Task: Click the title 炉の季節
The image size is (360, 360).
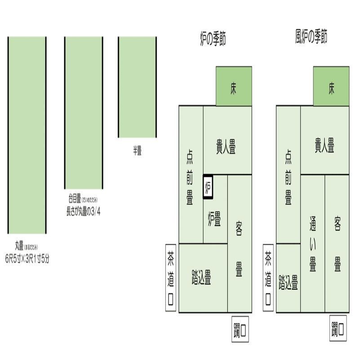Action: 213,40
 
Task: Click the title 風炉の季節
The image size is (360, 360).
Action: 311,37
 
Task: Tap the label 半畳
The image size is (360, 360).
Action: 137,151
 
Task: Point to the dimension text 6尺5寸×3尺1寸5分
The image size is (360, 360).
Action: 27,258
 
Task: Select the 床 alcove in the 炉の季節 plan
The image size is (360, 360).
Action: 234,86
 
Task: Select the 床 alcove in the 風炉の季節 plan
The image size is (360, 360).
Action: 331,86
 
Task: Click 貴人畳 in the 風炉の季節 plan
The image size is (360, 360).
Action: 324,147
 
